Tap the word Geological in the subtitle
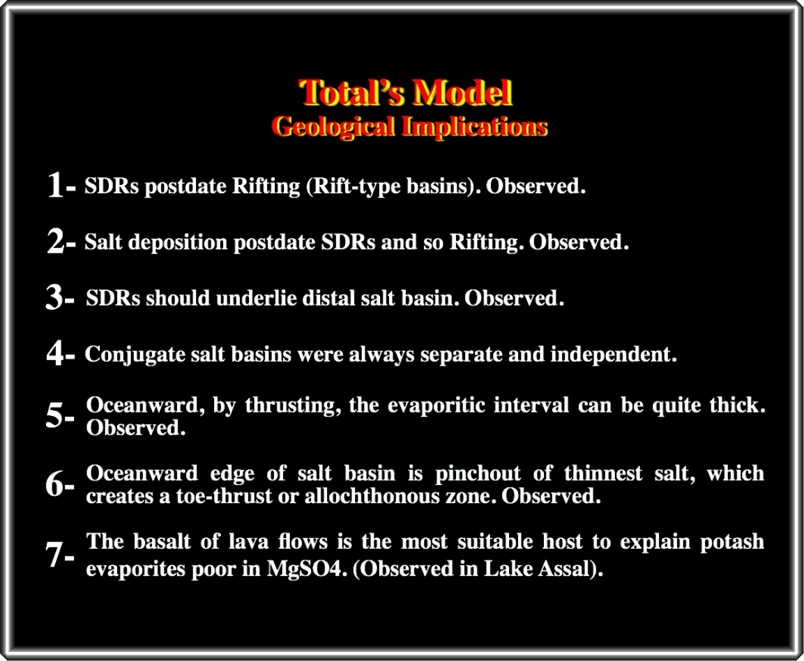click(x=333, y=127)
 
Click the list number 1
click(x=55, y=185)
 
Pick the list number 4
click(x=54, y=353)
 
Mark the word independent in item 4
click(x=614, y=354)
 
